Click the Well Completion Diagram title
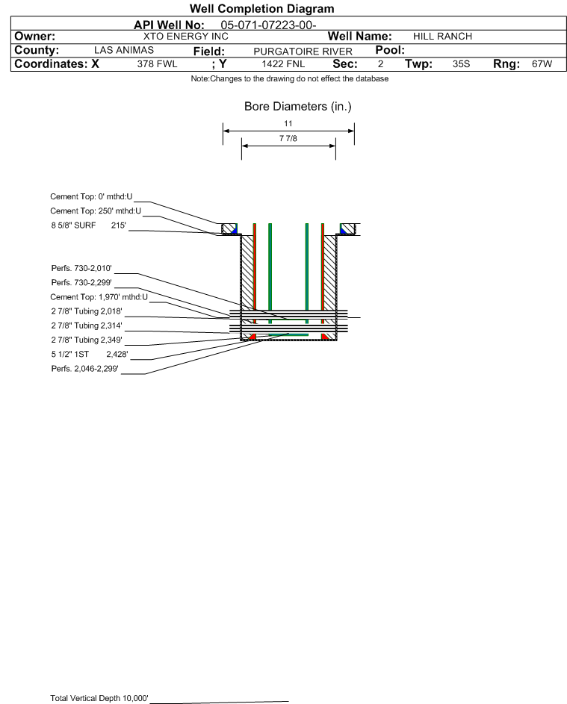(x=262, y=8)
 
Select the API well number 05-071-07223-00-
(x=269, y=25)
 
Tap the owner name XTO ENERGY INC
(x=185, y=37)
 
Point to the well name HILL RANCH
(x=442, y=37)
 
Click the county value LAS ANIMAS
(x=124, y=50)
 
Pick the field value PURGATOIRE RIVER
(x=303, y=52)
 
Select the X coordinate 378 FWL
(x=157, y=63)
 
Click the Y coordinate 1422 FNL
(x=284, y=63)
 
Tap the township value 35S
(x=462, y=63)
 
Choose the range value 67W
(x=542, y=63)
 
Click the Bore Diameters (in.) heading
(x=298, y=107)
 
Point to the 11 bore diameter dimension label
(x=288, y=123)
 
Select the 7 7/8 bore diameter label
(x=288, y=138)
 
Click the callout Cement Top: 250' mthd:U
(x=96, y=211)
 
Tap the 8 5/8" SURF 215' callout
(x=88, y=225)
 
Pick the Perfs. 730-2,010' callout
(x=81, y=269)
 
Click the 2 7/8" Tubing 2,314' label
(x=87, y=325)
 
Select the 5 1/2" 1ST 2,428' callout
(x=90, y=355)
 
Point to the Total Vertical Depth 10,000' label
(x=99, y=698)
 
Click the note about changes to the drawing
(x=290, y=78)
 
